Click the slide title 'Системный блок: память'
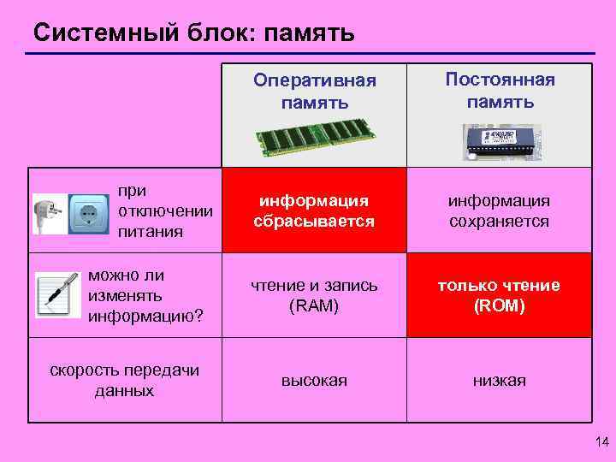pyautogui.click(x=193, y=33)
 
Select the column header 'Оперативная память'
pyautogui.click(x=314, y=92)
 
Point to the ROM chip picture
pyautogui.click(x=501, y=142)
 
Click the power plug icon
pyautogui.click(x=46, y=213)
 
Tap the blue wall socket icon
pyautogui.click(x=86, y=211)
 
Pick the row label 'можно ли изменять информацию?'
pyautogui.click(x=145, y=295)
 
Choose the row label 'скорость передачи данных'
pyautogui.click(x=125, y=380)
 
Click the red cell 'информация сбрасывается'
pyautogui.click(x=314, y=210)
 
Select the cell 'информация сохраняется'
pyautogui.click(x=500, y=210)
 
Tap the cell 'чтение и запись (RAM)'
pyautogui.click(x=314, y=295)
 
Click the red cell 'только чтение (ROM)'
pyautogui.click(x=500, y=295)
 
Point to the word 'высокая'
pyautogui.click(x=314, y=381)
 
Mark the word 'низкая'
pyautogui.click(x=500, y=381)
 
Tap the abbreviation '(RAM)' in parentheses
pyautogui.click(x=314, y=306)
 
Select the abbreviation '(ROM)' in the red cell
pyautogui.click(x=500, y=305)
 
